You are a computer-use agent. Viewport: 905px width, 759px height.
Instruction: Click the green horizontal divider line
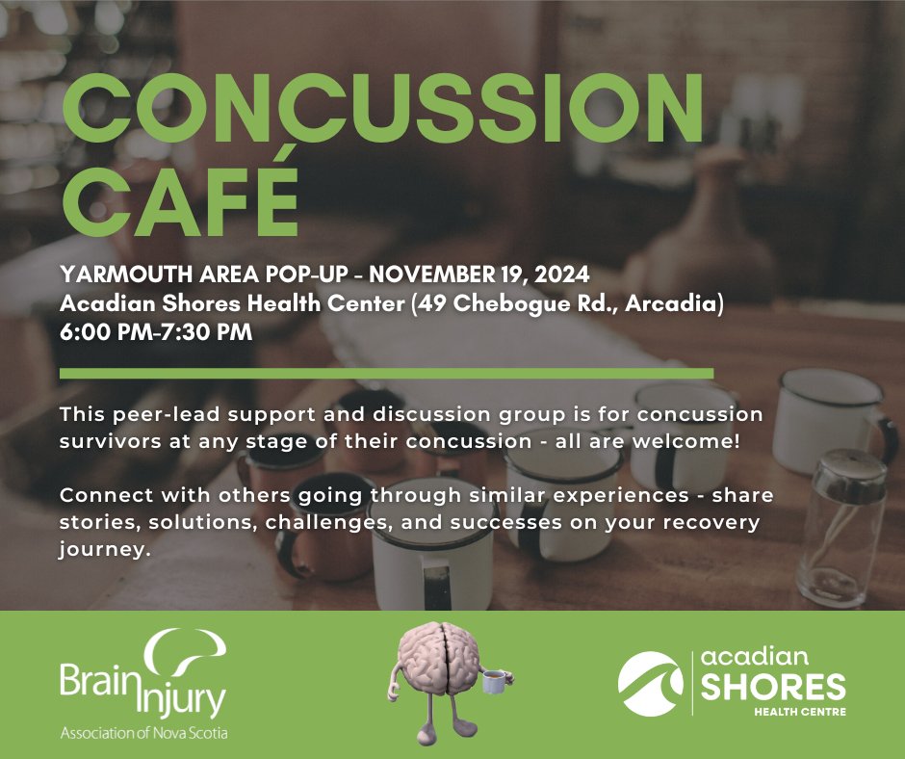click(x=385, y=373)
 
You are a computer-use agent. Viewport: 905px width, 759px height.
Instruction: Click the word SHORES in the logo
click(x=773, y=689)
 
